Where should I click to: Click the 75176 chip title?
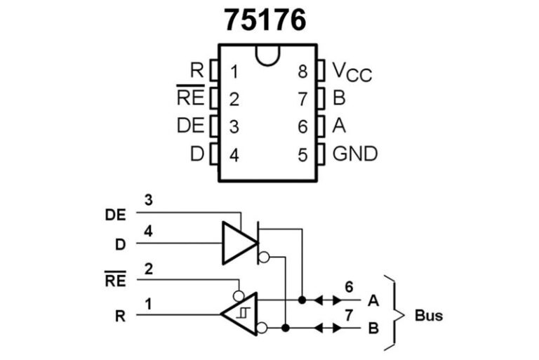coord(265,20)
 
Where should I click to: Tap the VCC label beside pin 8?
coord(352,72)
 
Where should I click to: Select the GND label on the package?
coord(354,154)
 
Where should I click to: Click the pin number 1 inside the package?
coord(234,72)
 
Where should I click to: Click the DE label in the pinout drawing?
coord(190,126)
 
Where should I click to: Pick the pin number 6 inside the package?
coord(302,127)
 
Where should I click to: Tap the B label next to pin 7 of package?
coord(339,99)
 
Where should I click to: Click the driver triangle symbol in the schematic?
coord(239,243)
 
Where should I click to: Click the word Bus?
coord(428,315)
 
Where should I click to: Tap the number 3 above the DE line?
coord(148,200)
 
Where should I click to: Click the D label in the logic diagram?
coord(120,244)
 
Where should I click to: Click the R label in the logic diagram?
coord(120,315)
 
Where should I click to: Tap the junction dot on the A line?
coord(302,300)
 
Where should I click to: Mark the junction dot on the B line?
coord(286,328)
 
